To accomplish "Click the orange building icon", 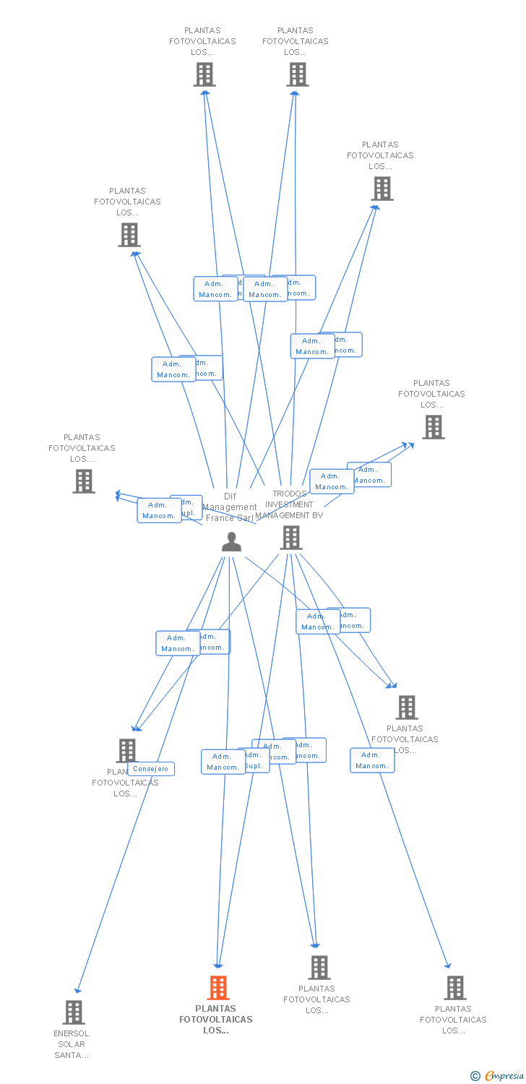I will [218, 987].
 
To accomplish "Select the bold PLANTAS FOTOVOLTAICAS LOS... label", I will [216, 1019].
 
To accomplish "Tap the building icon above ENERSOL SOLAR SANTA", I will [74, 1012].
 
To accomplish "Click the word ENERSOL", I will [72, 1033].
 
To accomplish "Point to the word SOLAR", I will [72, 1044].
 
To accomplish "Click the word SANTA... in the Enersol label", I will [72, 1055].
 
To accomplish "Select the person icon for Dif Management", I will [231, 541].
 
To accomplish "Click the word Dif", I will [230, 496].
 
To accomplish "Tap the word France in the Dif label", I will [219, 517].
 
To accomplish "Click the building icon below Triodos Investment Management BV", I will [291, 538].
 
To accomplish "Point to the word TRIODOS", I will [289, 494].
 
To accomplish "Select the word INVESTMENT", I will [289, 504].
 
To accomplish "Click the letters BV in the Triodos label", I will [317, 515].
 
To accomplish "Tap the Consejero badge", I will [151, 768].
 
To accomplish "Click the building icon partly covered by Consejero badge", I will [126, 751].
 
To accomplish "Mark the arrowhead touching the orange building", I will [218, 965].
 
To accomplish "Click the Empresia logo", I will [504, 1076].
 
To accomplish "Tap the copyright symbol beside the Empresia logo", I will [475, 1076].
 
